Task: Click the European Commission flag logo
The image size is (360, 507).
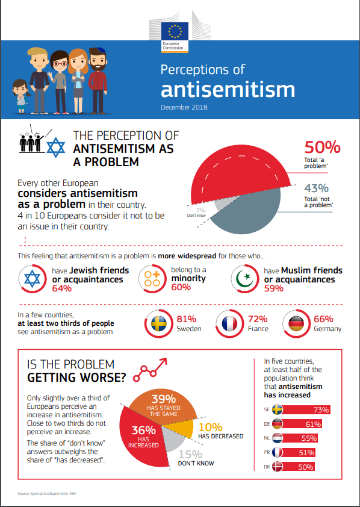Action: point(175,37)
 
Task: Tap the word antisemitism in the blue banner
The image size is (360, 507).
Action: point(228,90)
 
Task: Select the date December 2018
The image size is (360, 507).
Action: point(184,107)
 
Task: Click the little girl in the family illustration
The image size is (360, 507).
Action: point(21,96)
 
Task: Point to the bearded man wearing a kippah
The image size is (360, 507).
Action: point(98,81)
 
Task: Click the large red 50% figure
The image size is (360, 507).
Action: point(322,147)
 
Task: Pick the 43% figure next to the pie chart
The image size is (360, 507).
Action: point(316,188)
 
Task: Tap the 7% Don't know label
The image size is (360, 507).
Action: point(197,213)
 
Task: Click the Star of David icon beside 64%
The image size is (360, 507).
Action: point(33,279)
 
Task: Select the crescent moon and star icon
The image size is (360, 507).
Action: point(244,279)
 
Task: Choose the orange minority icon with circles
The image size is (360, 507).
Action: point(152,279)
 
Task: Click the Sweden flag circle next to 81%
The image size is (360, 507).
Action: point(159,324)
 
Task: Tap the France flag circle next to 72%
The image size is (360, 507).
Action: point(230,324)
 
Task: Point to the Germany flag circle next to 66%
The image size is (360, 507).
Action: point(296,324)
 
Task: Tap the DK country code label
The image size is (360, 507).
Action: point(267,467)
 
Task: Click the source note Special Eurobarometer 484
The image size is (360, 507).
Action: point(47,494)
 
